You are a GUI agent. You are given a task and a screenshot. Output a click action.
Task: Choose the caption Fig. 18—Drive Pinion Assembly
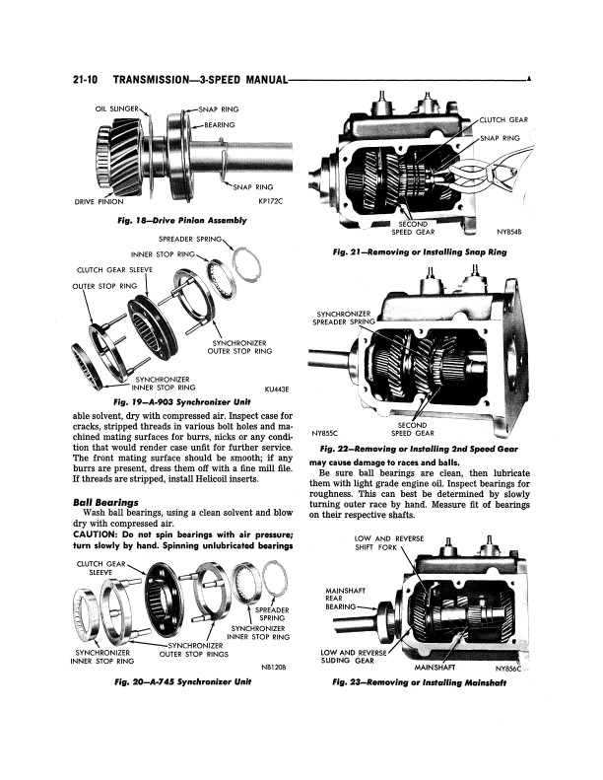coord(181,220)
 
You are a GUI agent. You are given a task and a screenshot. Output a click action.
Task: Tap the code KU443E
coord(280,390)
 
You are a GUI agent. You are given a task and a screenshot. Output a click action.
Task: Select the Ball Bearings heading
coord(105,502)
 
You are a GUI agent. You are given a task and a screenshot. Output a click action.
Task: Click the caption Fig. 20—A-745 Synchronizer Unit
coord(181,682)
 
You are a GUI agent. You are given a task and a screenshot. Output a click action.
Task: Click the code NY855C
coord(326,432)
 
